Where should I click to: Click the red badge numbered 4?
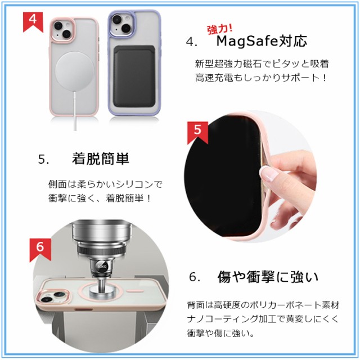(x=33, y=22)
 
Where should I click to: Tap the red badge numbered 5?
(x=197, y=133)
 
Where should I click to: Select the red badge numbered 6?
(x=40, y=250)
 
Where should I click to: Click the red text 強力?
(x=220, y=29)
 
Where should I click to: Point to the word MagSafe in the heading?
(x=247, y=41)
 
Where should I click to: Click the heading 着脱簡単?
(x=101, y=159)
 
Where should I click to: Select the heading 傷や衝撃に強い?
(x=268, y=277)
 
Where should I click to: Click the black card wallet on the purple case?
(x=134, y=76)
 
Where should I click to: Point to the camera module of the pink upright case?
(x=62, y=30)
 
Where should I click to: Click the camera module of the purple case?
(x=122, y=24)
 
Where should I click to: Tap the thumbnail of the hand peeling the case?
(x=250, y=176)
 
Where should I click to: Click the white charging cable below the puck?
(x=75, y=111)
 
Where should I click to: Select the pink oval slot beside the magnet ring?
(x=135, y=291)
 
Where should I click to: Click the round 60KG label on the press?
(x=101, y=266)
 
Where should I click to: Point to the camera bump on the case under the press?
(x=53, y=297)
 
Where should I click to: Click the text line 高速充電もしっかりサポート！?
(x=261, y=78)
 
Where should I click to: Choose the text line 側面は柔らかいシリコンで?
(x=105, y=184)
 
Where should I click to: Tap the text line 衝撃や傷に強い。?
(x=220, y=333)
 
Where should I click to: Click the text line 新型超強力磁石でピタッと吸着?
(x=262, y=64)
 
